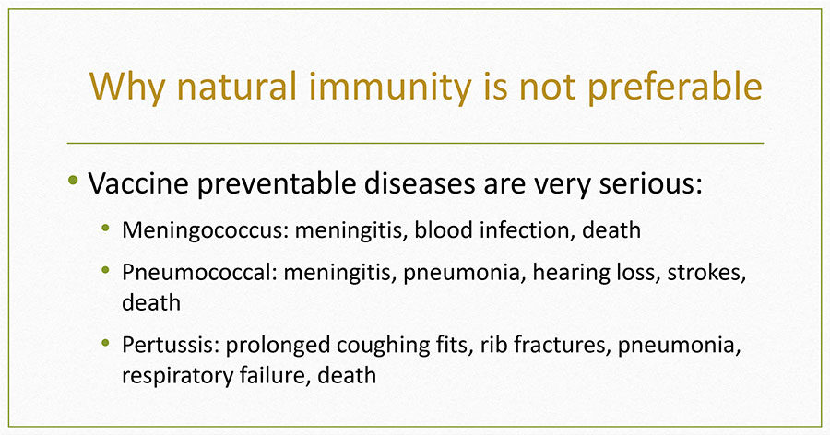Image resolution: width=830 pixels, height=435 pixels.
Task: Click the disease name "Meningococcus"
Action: (206, 231)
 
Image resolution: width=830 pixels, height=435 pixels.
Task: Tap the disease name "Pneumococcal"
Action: (199, 273)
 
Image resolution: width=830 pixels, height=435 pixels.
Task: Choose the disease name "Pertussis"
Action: (171, 345)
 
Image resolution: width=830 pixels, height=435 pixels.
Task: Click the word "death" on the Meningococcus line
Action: (611, 230)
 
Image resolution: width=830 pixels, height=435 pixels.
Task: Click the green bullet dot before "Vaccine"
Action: (73, 180)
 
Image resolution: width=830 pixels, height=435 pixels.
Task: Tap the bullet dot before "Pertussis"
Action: (105, 343)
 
